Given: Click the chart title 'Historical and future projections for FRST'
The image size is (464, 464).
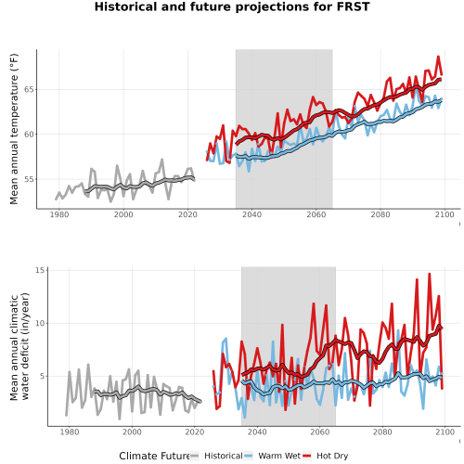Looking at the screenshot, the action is coord(232,6).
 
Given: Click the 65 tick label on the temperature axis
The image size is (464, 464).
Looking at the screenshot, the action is coord(30,90).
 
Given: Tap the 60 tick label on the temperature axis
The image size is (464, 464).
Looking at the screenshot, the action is coord(30,135).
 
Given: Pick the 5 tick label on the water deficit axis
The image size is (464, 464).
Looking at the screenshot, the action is coord(44,377).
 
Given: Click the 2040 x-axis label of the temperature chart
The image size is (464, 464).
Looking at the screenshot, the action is coord(251,214).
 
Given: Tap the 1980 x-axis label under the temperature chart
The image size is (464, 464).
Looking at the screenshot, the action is coord(59,214).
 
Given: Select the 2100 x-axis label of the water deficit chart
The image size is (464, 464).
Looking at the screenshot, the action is coord(445,432).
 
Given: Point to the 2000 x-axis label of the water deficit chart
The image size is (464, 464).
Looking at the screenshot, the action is coord(132,432).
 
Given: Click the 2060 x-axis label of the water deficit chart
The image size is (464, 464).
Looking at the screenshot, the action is coord(320,432).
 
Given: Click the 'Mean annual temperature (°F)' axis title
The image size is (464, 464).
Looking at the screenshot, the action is coord(14,129).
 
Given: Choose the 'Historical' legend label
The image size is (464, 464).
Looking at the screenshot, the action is coord(224,456).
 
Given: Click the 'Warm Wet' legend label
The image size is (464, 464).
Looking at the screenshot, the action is coord(279,456).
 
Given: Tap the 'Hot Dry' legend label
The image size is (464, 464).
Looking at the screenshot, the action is coord(332,456).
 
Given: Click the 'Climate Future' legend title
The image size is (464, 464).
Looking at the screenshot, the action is coord(155,456).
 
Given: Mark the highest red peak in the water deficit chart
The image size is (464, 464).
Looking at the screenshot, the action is coord(430,274).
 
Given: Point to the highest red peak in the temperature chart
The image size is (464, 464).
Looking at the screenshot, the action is coord(438,57).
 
